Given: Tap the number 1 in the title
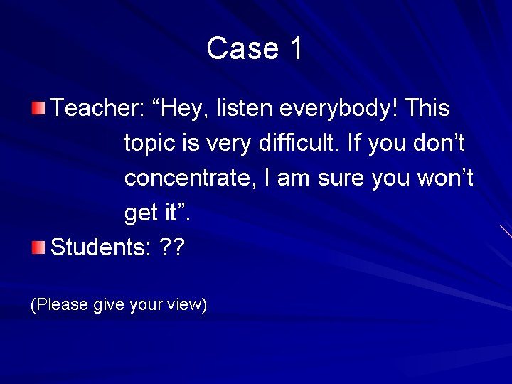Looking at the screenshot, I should tap(297, 48).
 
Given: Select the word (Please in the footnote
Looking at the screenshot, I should tap(59, 305).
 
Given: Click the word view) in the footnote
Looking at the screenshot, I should tap(187, 305).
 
